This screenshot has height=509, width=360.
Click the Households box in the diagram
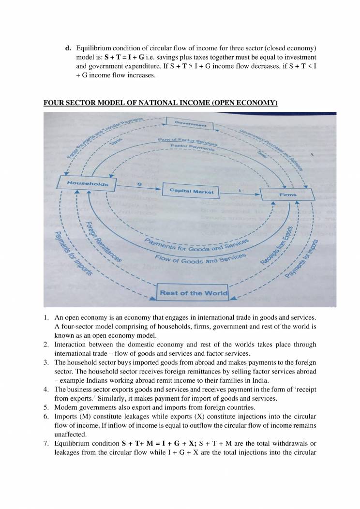click(x=87, y=183)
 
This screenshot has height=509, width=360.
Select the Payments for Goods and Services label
click(x=196, y=246)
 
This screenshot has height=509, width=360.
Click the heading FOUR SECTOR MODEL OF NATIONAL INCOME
click(x=160, y=103)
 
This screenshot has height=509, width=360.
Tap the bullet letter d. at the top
click(x=68, y=48)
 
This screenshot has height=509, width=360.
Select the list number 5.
click(x=46, y=407)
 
